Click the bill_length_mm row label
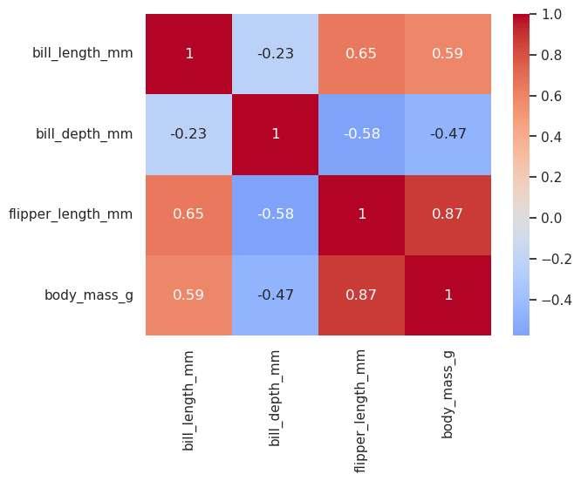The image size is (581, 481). [x=83, y=53]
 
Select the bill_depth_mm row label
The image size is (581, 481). [x=84, y=134]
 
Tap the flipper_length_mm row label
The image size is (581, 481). [x=71, y=214]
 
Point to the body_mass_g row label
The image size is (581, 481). [x=89, y=295]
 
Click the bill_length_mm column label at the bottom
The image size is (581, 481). [x=188, y=401]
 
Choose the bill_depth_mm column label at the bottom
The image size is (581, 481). [x=275, y=398]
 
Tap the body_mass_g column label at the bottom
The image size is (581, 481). [x=448, y=395]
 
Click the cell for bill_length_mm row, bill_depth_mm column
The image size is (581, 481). [x=276, y=54]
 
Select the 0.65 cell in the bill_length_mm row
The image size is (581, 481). [x=362, y=54]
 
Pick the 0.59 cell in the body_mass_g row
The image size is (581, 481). [x=189, y=295]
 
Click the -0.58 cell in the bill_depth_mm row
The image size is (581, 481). [x=362, y=134]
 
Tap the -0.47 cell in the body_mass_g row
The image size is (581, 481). [x=276, y=295]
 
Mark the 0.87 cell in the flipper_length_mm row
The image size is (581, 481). [x=448, y=215]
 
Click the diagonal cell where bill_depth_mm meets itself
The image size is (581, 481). [x=276, y=134]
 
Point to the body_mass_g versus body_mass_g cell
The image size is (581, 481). [x=448, y=295]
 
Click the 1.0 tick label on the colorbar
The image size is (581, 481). [x=551, y=15]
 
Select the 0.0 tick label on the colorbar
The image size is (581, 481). [x=551, y=218]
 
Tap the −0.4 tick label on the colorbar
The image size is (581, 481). [x=557, y=300]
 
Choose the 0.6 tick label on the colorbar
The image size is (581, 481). [x=551, y=96]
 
